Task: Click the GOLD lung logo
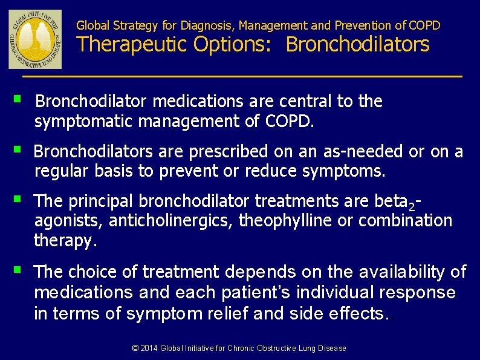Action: (x=35, y=39)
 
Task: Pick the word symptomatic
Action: (x=84, y=122)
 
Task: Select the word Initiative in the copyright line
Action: (x=211, y=348)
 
